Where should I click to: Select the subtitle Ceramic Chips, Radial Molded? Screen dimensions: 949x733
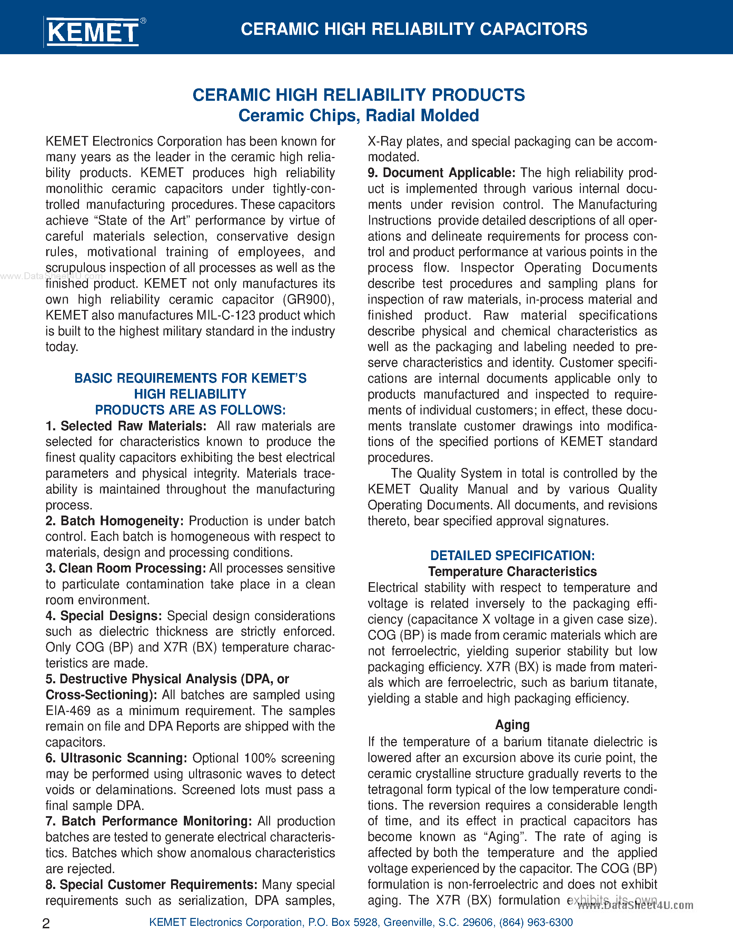pos(358,116)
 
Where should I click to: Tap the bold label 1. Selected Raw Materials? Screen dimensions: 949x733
pos(126,426)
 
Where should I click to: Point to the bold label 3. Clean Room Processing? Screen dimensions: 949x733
pos(126,568)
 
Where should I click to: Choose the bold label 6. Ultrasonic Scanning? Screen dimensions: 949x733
pos(116,758)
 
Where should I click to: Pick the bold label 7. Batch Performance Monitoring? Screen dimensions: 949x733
pos(149,821)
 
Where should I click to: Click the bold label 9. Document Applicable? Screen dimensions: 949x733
pos(441,173)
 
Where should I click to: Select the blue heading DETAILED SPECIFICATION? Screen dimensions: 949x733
pos(512,555)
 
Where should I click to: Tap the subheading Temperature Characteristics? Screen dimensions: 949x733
pos(512,571)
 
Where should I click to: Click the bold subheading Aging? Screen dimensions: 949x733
pos(512,725)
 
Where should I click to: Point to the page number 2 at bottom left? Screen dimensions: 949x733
pos(46,923)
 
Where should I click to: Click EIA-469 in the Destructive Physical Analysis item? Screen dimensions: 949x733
pos(68,711)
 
